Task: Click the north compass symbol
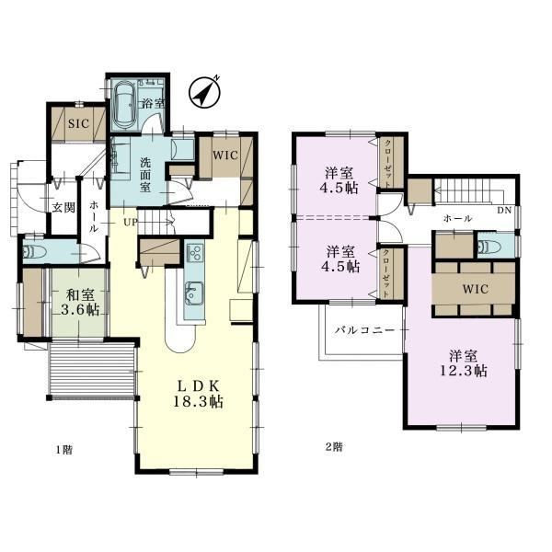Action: pos(204,92)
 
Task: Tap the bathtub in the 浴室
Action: pos(126,106)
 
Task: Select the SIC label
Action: pos(78,123)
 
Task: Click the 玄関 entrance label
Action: pos(64,208)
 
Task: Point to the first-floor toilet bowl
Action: pos(35,252)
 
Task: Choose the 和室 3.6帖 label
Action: pos(80,302)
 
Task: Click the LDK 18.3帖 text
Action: pos(198,394)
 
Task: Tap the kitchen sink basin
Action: pos(194,292)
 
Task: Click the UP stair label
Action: pos(130,223)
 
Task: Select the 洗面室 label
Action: pos(145,175)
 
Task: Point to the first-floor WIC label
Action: pos(225,155)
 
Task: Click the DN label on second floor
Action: pos(504,211)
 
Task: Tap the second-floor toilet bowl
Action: pos(490,246)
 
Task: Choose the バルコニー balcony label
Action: pos(364,330)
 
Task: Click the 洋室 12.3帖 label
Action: pos(464,363)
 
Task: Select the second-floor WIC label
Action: pos(476,289)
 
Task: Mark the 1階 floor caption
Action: pos(64,450)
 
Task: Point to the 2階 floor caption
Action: pos(333,447)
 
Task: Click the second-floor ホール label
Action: pos(457,219)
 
